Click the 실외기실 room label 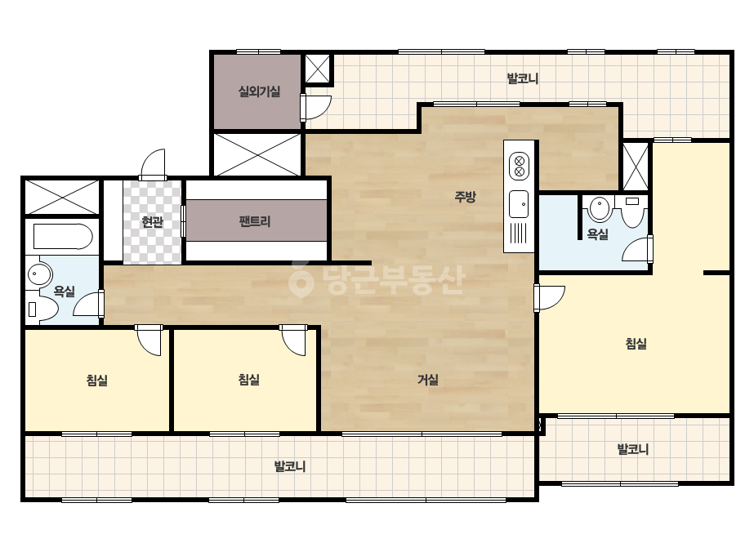pos(259,91)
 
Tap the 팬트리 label pos(255,221)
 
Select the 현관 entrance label pos(153,221)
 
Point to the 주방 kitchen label pos(465,196)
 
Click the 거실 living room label pos(427,380)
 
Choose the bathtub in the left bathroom pos(63,237)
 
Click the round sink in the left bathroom pos(39,274)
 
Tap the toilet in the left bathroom pos(42,309)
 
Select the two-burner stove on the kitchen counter pos(520,166)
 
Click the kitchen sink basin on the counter pos(519,204)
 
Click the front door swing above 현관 pos(153,164)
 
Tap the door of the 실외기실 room pos(315,107)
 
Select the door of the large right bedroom pos(549,298)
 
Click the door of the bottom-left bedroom pos(149,340)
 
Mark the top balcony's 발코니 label pos(523,78)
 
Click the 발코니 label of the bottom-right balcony pos(633,449)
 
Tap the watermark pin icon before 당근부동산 pos(301,280)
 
